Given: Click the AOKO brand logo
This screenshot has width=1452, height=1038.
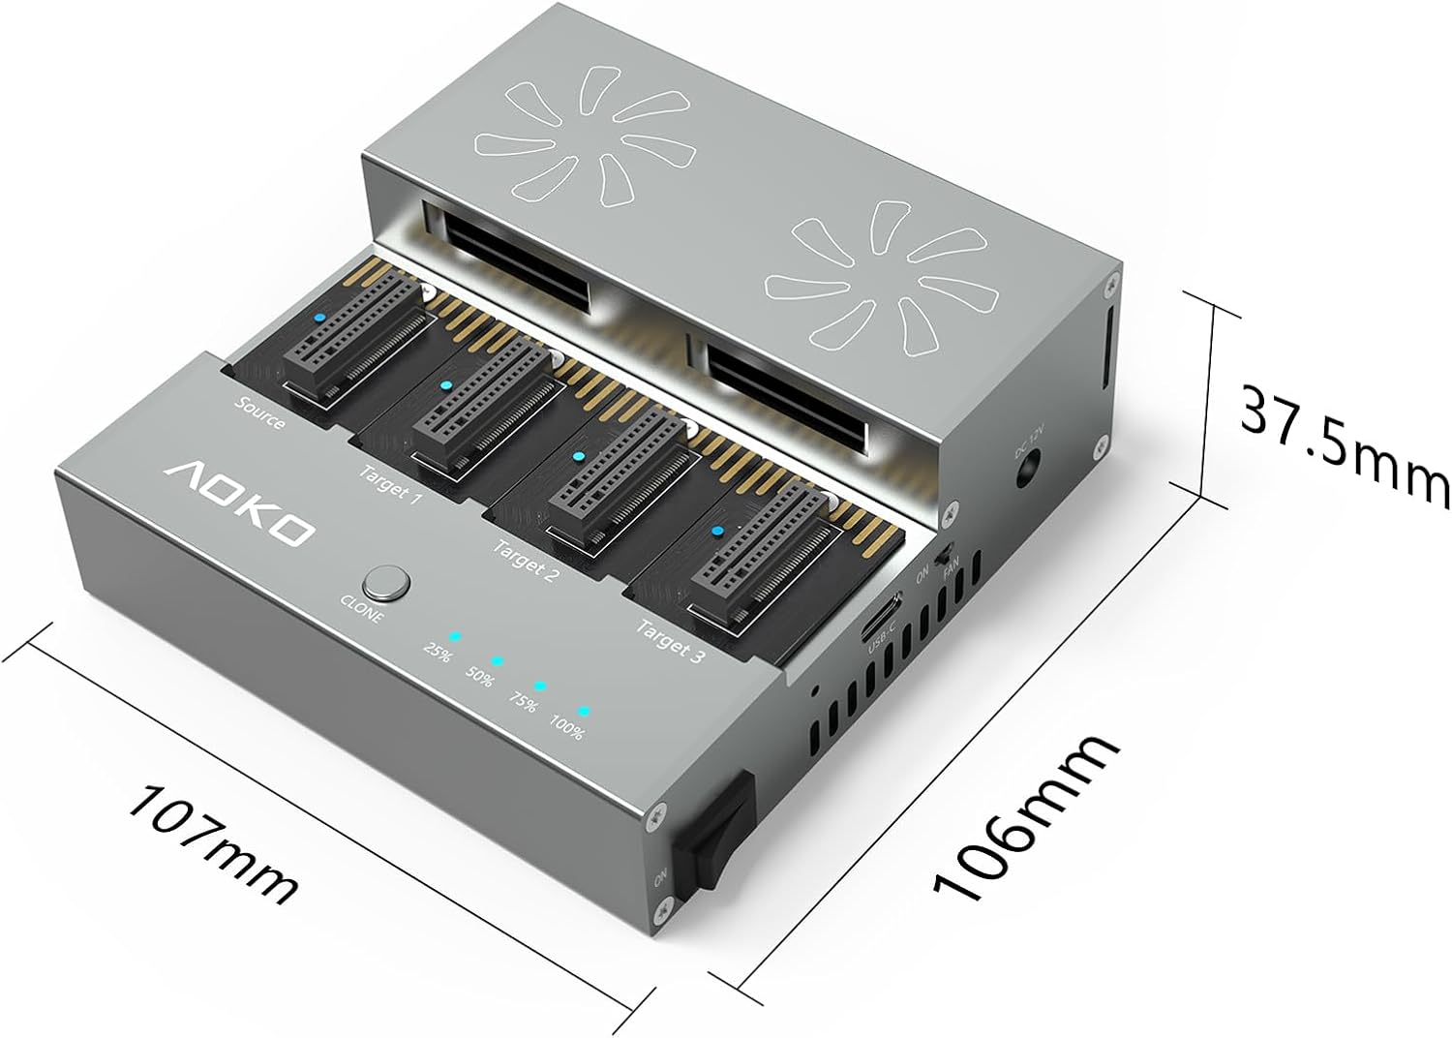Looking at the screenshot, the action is pyautogui.click(x=238, y=501).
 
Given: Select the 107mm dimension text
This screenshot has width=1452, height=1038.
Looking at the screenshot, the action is pyautogui.click(x=212, y=841).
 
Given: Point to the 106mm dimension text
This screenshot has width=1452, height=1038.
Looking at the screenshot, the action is pyautogui.click(x=1027, y=818).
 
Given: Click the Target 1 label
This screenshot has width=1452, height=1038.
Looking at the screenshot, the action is pyautogui.click(x=390, y=485).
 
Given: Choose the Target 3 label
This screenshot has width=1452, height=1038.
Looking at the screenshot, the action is pyautogui.click(x=669, y=640).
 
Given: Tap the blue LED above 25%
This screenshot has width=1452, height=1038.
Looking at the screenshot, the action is pyautogui.click(x=454, y=637).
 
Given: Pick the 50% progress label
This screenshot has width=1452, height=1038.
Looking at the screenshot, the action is pyautogui.click(x=478, y=677).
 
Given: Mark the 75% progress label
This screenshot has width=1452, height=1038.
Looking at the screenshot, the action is pyautogui.click(x=522, y=702).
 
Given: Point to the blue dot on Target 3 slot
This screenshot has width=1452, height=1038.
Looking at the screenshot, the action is pyautogui.click(x=717, y=532).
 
